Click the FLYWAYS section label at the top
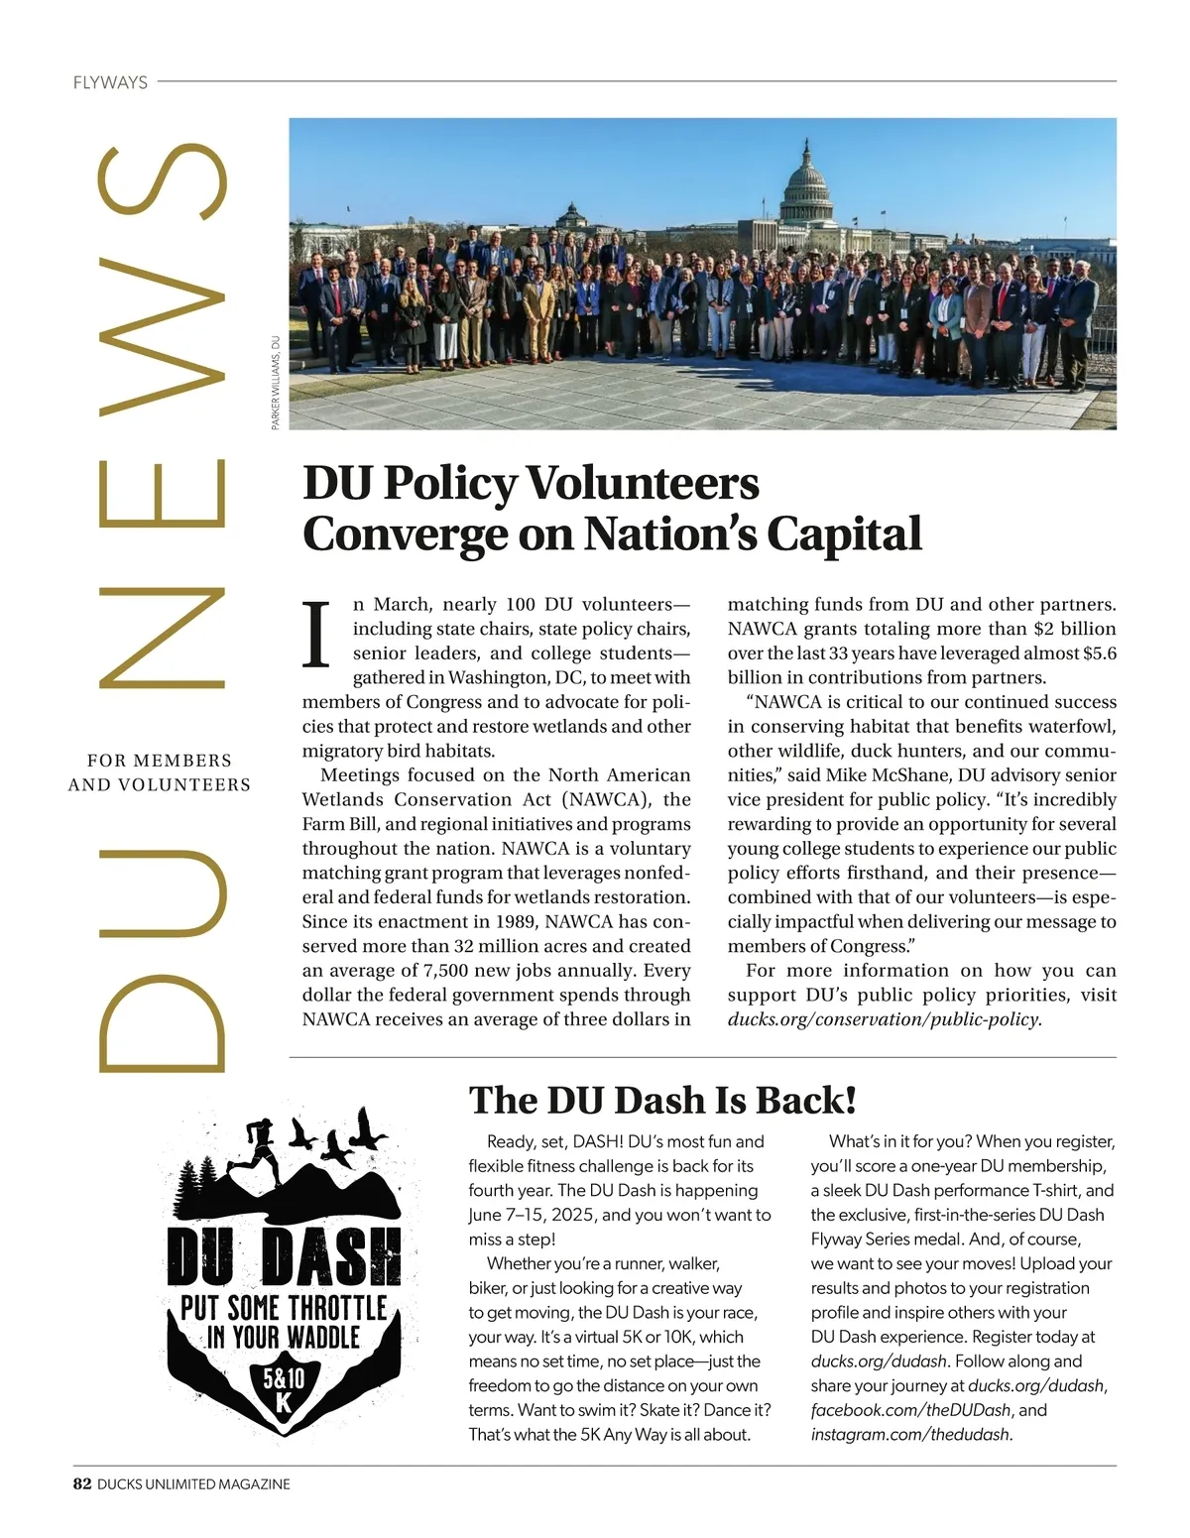click(x=110, y=82)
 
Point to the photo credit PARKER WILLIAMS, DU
click(x=277, y=382)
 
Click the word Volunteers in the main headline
click(x=642, y=483)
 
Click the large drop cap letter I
click(x=316, y=634)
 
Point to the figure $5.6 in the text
click(x=1100, y=653)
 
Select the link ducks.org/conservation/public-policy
click(x=885, y=1019)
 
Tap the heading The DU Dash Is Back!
click(x=662, y=1100)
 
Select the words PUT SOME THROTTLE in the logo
click(x=284, y=1308)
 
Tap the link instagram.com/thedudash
click(x=911, y=1434)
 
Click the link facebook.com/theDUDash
click(x=910, y=1410)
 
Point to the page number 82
click(x=82, y=1484)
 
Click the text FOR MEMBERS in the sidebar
click(x=160, y=761)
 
